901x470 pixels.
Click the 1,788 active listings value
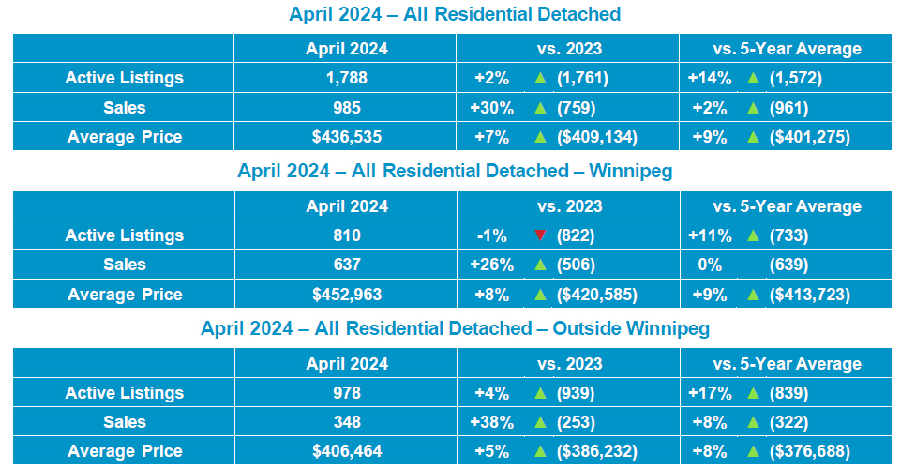tap(345, 78)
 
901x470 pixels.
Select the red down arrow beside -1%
tap(539, 235)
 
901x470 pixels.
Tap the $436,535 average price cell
tap(345, 137)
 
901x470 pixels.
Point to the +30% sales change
tap(488, 108)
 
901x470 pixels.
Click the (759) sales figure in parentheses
tap(576, 108)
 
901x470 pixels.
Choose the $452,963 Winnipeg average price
tap(345, 295)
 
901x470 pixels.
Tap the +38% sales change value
tap(488, 422)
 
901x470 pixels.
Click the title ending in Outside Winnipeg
tap(455, 329)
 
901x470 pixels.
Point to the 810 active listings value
tap(345, 235)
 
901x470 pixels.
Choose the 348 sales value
tap(345, 422)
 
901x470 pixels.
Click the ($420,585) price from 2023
tap(596, 295)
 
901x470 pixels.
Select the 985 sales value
tap(345, 108)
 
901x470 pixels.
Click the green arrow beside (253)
tap(539, 422)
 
